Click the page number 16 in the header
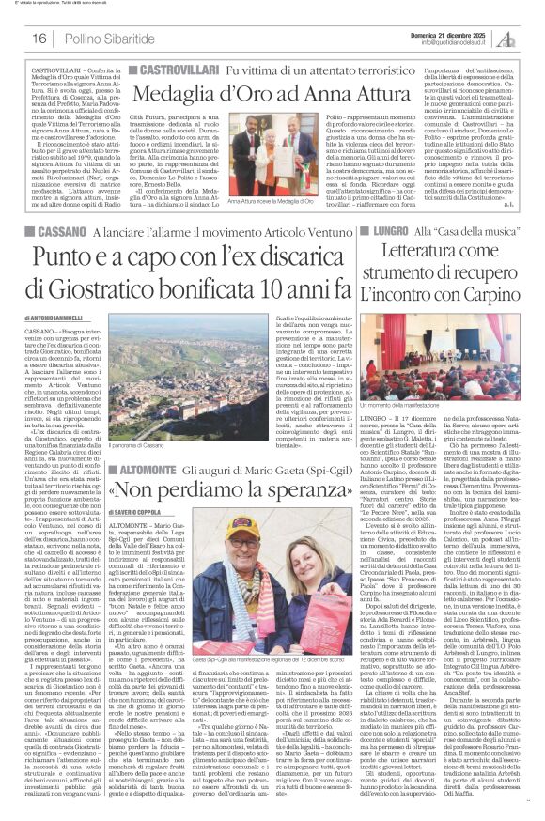coord(39,38)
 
